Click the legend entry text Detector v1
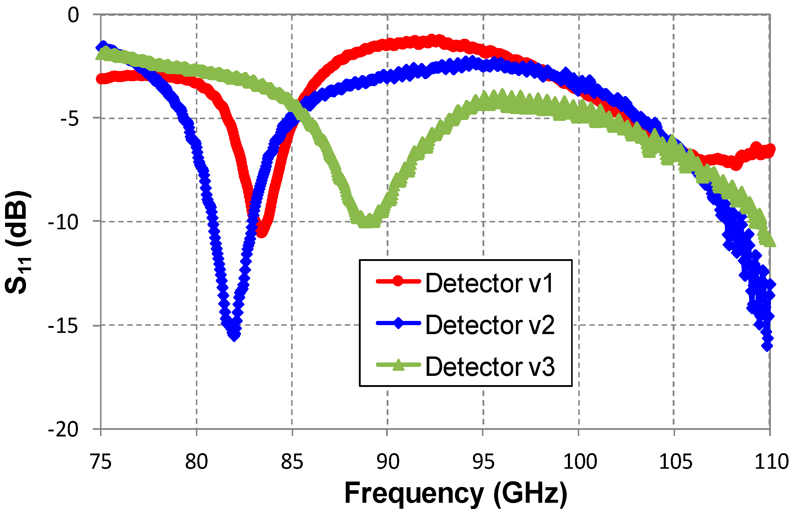point(489,283)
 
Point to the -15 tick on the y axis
point(63,325)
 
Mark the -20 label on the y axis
point(63,429)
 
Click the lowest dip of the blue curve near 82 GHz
point(235,335)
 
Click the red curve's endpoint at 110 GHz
point(770,150)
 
